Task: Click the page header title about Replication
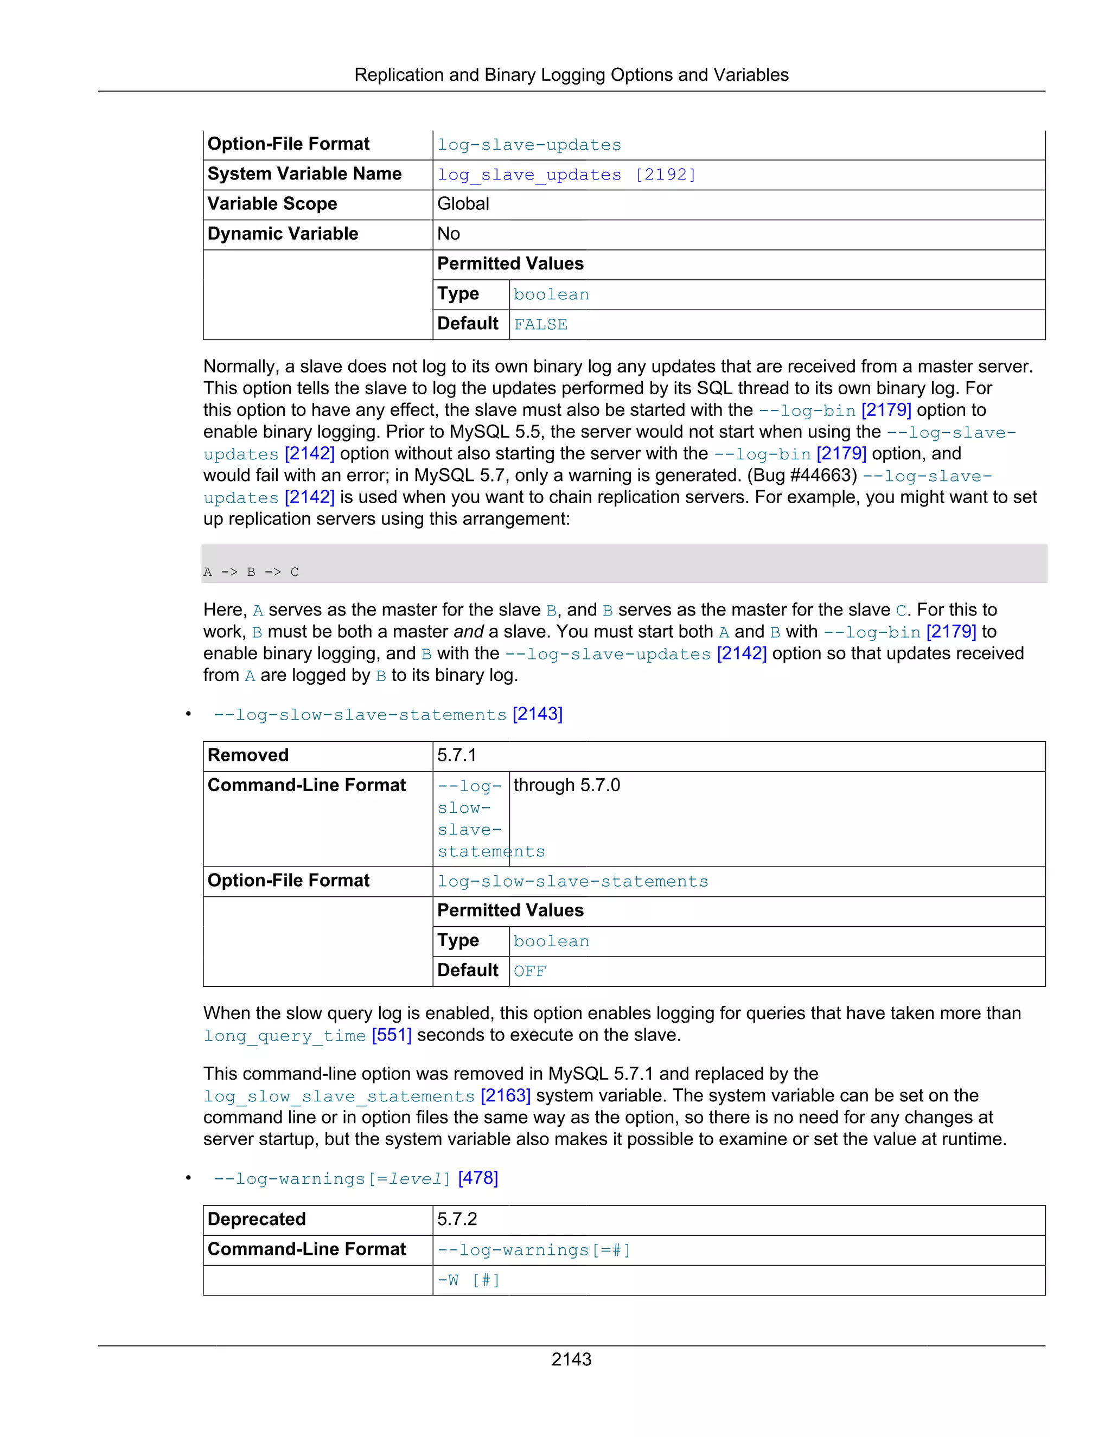click(x=571, y=75)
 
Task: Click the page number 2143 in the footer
click(x=571, y=1359)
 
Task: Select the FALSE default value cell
click(x=540, y=324)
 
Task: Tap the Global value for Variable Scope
click(x=463, y=204)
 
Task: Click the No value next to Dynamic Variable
click(x=448, y=234)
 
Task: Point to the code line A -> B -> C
click(x=251, y=572)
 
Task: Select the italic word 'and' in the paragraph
click(x=468, y=632)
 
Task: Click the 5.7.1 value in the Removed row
click(x=456, y=755)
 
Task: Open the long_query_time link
click(x=284, y=1036)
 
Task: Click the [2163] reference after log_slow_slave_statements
click(x=505, y=1095)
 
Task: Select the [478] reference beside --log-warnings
click(x=478, y=1178)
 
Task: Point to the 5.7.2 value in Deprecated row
click(x=457, y=1219)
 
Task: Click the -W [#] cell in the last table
click(x=468, y=1280)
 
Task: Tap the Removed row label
click(x=248, y=755)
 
